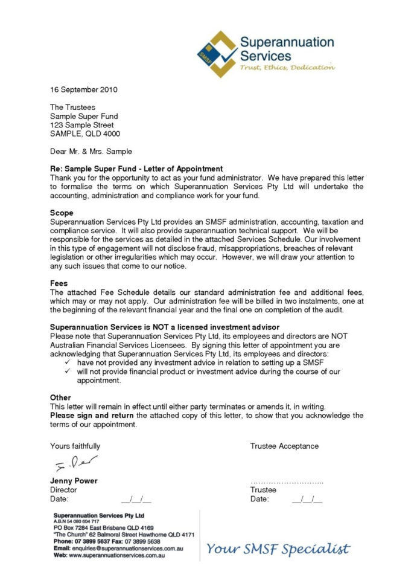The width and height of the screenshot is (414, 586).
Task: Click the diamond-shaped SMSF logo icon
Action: click(217, 53)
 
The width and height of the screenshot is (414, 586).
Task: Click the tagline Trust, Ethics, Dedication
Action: click(287, 68)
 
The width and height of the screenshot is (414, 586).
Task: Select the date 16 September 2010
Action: click(83, 90)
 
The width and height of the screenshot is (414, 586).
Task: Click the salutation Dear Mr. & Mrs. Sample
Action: click(91, 151)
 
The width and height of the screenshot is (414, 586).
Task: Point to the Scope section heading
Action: click(62, 213)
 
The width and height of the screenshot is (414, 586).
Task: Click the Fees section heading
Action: click(59, 283)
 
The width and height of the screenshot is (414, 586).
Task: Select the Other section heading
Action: click(60, 397)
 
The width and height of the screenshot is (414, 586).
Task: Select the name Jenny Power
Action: click(74, 481)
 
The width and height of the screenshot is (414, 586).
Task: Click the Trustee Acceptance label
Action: click(284, 446)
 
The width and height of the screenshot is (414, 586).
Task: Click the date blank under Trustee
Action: click(307, 500)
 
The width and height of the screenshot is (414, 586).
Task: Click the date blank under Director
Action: click(136, 500)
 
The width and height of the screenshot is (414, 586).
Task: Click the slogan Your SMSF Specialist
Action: click(278, 549)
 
